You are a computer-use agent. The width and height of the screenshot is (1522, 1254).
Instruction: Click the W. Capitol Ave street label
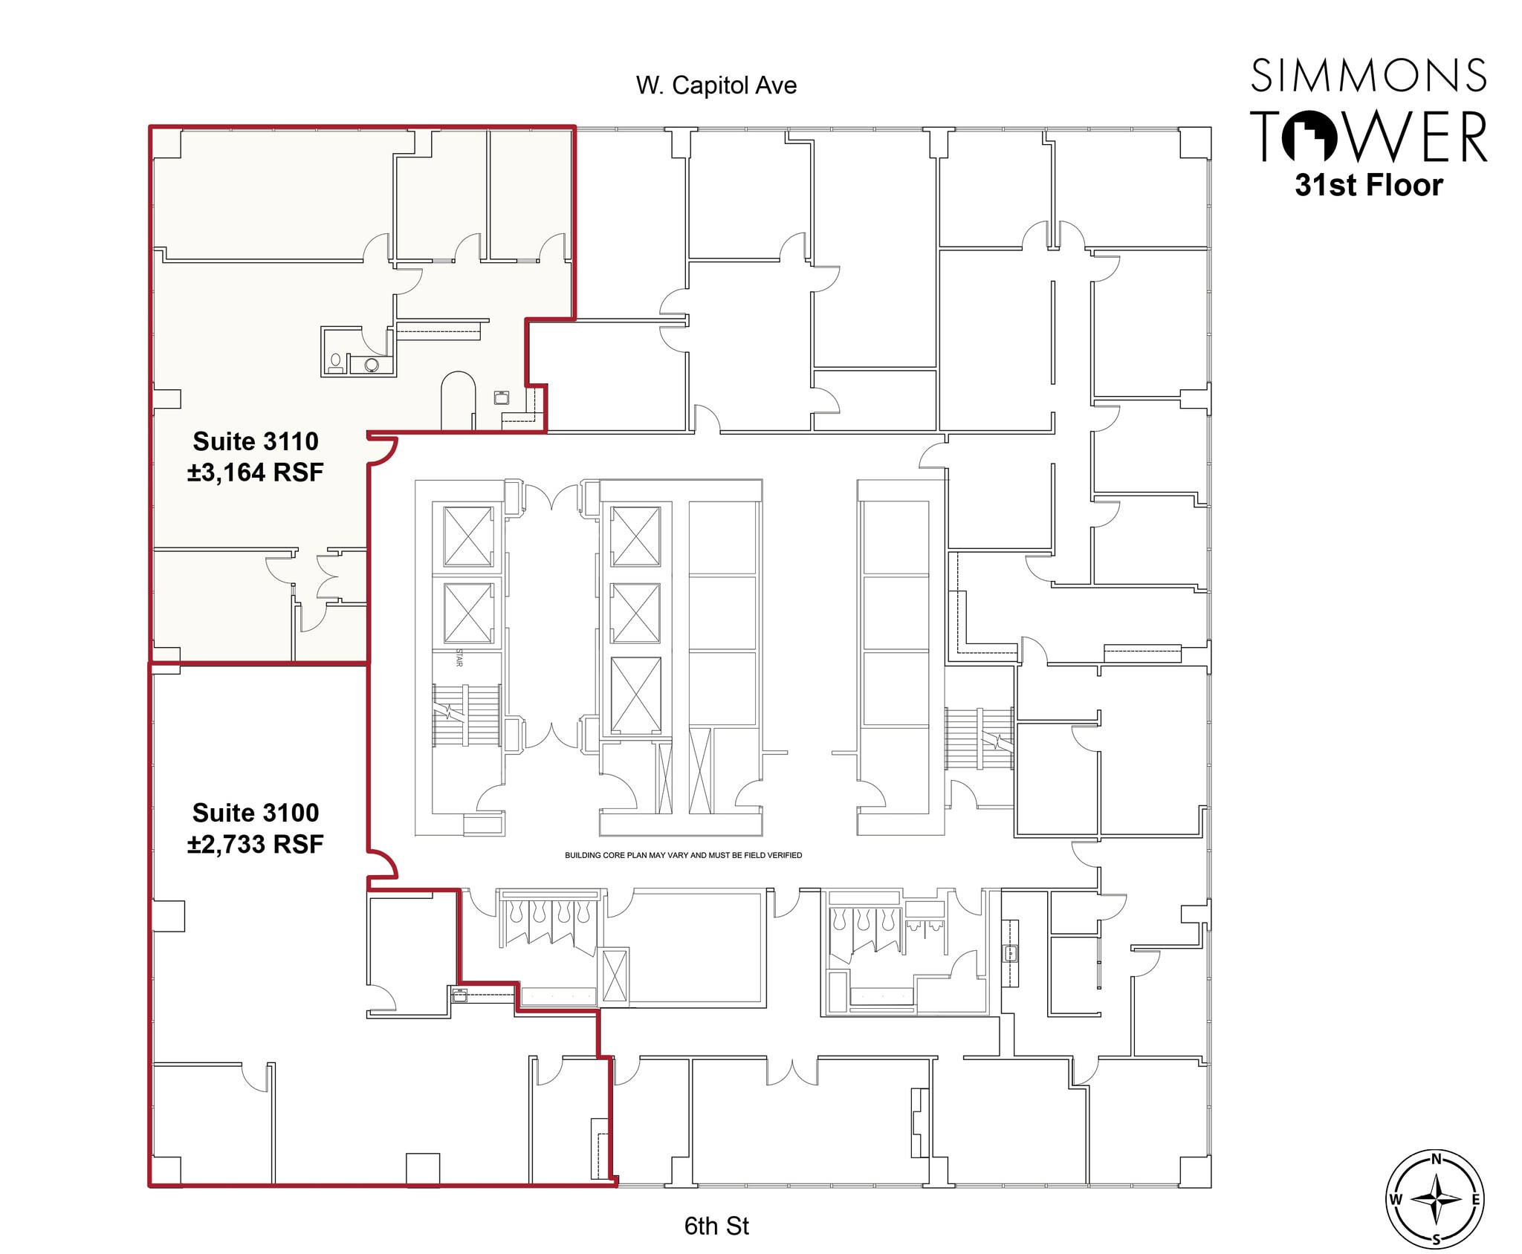[x=716, y=85]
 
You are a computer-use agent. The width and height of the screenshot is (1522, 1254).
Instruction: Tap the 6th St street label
[x=716, y=1225]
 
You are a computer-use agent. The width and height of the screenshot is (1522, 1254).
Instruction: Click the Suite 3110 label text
[x=256, y=441]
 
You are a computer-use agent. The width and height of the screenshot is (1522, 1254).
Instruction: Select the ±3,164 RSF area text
[x=256, y=472]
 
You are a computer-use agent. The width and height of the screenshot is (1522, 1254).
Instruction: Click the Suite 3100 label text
[x=256, y=813]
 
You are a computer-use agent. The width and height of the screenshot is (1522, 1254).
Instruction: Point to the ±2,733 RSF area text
[x=256, y=845]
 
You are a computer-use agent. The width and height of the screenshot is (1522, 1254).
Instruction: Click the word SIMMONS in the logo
[x=1368, y=76]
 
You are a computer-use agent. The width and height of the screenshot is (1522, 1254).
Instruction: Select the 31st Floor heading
[x=1368, y=185]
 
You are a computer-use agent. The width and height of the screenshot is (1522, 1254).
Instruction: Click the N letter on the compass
[x=1436, y=1159]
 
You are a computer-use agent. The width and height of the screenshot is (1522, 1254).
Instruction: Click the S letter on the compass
[x=1436, y=1239]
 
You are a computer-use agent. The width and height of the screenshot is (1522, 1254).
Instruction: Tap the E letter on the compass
[x=1475, y=1199]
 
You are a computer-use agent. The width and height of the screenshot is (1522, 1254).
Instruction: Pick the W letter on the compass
[x=1396, y=1199]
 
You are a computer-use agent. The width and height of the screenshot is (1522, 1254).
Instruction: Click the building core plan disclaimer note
[x=683, y=855]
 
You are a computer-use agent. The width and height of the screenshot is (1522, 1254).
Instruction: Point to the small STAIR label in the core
[x=459, y=658]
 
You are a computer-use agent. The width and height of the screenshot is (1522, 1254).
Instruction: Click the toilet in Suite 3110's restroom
[x=336, y=363]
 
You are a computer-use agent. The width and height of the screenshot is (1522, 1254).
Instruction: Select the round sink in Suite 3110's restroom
[x=372, y=365]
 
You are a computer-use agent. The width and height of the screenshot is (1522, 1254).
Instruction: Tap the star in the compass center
[x=1436, y=1199]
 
